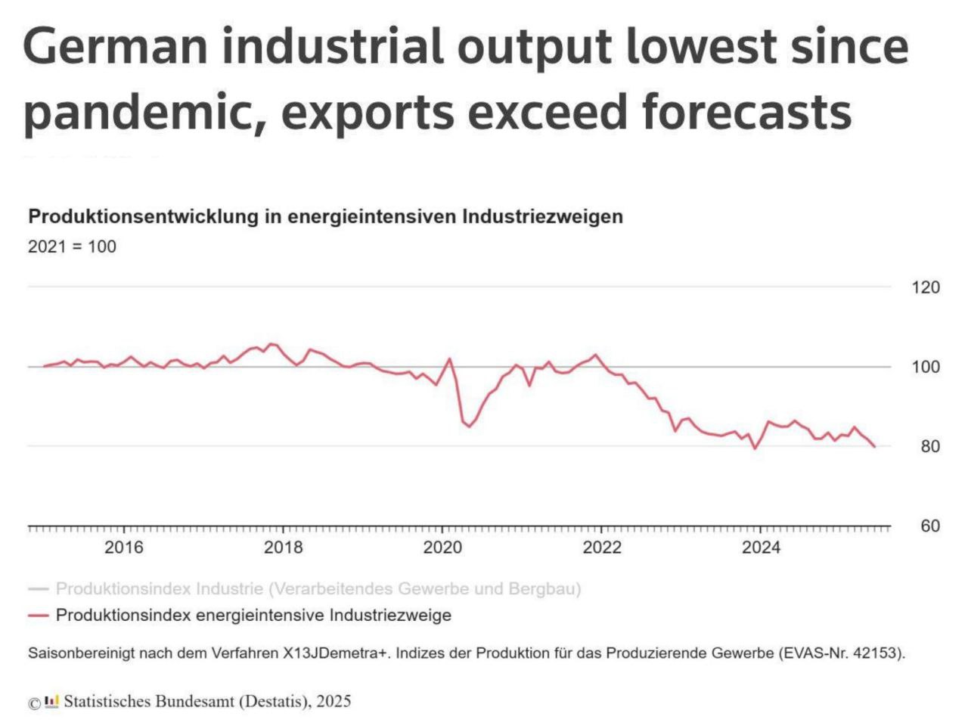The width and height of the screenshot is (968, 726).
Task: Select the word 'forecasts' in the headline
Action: [x=746, y=112]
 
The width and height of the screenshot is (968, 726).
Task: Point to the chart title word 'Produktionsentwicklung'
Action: [x=144, y=217]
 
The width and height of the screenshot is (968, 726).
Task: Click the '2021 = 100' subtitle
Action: [x=72, y=247]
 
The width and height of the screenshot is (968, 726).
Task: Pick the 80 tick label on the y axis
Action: [x=930, y=446]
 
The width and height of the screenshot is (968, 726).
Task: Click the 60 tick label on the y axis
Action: [x=930, y=526]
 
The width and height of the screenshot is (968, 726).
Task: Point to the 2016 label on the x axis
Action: [x=123, y=548]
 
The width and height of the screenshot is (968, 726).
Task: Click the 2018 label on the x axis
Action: [x=283, y=548]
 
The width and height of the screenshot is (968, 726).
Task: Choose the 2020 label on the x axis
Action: [x=442, y=548]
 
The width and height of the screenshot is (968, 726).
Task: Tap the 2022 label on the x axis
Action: [x=602, y=548]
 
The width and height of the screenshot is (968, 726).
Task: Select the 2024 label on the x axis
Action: [x=761, y=548]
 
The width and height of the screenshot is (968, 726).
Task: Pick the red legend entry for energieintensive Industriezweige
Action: [x=253, y=616]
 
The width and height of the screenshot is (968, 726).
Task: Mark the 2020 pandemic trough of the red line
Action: [x=469, y=427]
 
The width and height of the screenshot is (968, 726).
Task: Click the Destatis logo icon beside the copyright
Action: [x=51, y=701]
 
